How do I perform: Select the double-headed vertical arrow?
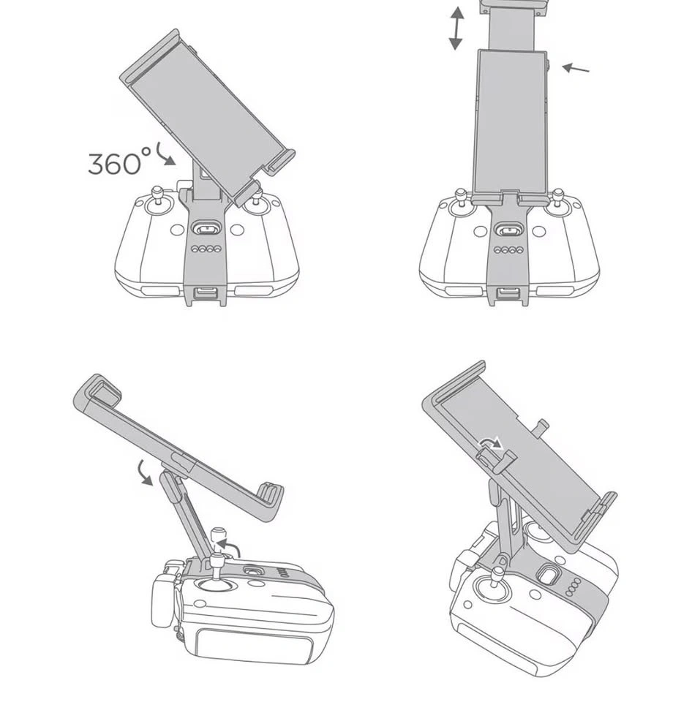click(456, 29)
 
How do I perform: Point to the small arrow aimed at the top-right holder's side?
click(576, 69)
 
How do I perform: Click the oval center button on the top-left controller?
click(206, 229)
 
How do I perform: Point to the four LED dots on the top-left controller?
click(206, 249)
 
